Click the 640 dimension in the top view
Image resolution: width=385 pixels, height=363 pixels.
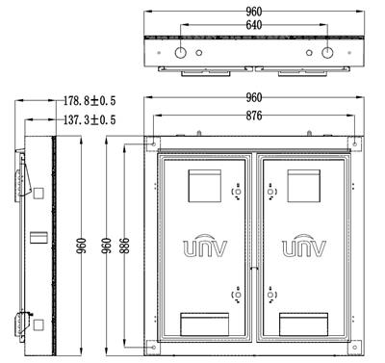pyautogui.click(x=254, y=25)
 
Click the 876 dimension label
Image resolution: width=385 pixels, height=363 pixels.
pyautogui.click(x=254, y=116)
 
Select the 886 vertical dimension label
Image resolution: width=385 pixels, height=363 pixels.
pyautogui.click(x=124, y=246)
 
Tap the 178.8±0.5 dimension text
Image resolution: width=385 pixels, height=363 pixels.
pyautogui.click(x=90, y=101)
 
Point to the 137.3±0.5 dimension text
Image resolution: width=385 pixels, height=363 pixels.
pyautogui.click(x=90, y=120)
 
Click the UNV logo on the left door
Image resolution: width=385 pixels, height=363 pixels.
pyautogui.click(x=205, y=246)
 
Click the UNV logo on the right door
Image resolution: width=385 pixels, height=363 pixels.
pyautogui.click(x=304, y=246)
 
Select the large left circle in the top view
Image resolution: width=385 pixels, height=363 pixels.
pyautogui.click(x=181, y=52)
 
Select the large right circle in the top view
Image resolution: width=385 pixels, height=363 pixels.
pyautogui.click(x=327, y=52)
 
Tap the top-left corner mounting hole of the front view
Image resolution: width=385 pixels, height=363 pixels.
pyautogui.click(x=154, y=144)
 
